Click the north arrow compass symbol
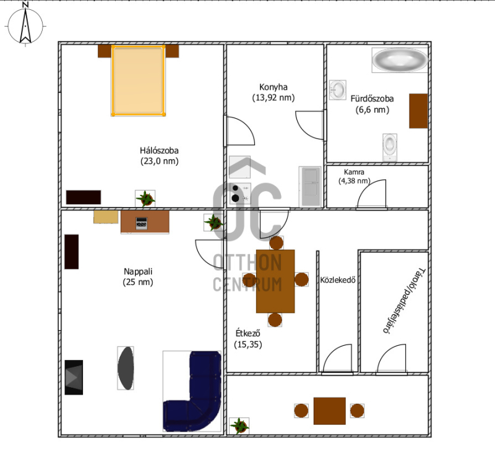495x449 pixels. [25, 25]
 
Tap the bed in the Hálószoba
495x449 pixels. [138, 81]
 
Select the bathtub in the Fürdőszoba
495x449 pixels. [400, 60]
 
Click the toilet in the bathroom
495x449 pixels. [390, 147]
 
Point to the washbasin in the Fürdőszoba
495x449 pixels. [338, 90]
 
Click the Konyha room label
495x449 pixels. [273, 92]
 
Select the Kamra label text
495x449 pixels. [354, 172]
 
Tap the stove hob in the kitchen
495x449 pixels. [240, 193]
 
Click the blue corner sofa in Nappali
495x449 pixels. [192, 391]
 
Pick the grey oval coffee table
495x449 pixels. [126, 368]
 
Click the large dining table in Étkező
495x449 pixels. [275, 281]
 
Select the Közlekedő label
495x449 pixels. [338, 280]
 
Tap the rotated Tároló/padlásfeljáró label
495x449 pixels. [405, 301]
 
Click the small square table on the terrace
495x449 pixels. [330, 411]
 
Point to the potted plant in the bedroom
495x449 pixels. [145, 199]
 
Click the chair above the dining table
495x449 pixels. [276, 242]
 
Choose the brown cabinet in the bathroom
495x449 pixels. [418, 111]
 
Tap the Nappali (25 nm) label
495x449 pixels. [138, 276]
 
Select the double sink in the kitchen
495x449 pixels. [310, 187]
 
